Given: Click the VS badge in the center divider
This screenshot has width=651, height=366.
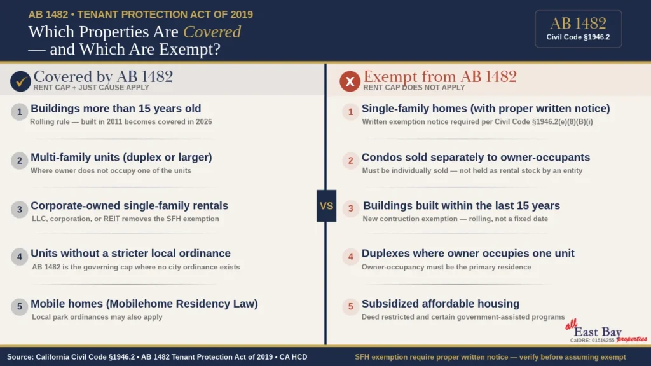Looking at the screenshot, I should pyautogui.click(x=326, y=206).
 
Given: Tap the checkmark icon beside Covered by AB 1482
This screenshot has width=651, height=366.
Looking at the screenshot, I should pyautogui.click(x=20, y=81).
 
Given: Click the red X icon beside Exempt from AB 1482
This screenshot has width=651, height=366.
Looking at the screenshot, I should pyautogui.click(x=350, y=81).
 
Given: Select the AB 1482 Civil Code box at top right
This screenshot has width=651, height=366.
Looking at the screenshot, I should pyautogui.click(x=578, y=29).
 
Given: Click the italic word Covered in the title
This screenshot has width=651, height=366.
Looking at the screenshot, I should pyautogui.click(x=212, y=32).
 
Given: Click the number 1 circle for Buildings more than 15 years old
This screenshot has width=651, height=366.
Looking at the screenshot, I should pyautogui.click(x=19, y=112).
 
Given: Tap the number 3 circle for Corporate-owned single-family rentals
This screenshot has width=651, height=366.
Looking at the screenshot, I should pyautogui.click(x=19, y=209).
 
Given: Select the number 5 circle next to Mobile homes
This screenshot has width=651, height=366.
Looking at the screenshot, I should pyautogui.click(x=19, y=307).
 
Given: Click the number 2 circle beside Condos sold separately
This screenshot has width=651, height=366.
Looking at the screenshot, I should pyautogui.click(x=350, y=161).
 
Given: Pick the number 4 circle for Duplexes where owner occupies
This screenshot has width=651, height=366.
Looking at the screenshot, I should pyautogui.click(x=350, y=257).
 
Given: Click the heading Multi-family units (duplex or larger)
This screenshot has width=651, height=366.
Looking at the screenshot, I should pyautogui.click(x=121, y=157).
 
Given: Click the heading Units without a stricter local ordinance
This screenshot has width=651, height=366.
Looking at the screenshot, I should pyautogui.click(x=130, y=253).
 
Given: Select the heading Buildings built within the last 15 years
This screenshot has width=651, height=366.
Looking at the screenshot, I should pyautogui.click(x=461, y=205).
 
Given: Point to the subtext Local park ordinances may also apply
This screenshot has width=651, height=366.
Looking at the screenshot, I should pyautogui.click(x=97, y=316).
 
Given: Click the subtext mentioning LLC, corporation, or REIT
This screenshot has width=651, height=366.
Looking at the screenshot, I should pyautogui.click(x=125, y=219).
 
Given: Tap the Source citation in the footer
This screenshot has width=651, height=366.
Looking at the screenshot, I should pyautogui.click(x=157, y=357).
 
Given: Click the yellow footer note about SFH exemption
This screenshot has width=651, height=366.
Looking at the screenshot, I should pyautogui.click(x=490, y=357).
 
